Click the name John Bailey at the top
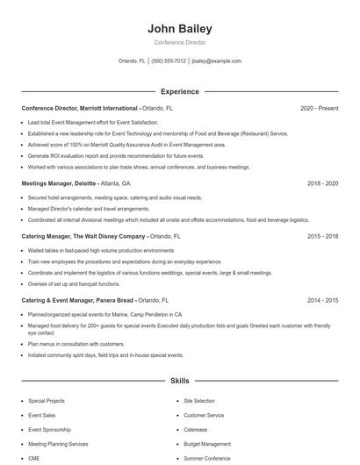180,29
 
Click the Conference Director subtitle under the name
180,42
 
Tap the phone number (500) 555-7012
169,61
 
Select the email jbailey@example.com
217,61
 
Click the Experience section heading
180,91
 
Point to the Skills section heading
180,382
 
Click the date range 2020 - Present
319,108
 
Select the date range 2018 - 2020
322,184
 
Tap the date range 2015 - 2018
322,236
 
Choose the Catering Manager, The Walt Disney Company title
83,236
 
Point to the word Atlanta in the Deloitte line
111,184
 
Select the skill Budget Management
207,444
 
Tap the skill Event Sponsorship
51,430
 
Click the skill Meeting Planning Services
59,444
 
